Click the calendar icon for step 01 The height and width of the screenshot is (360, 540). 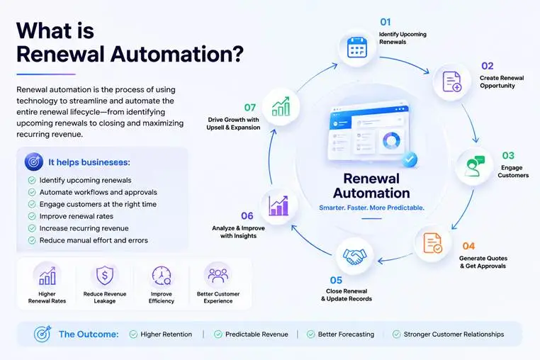(x=357, y=47)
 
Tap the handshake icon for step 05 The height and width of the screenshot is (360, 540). (x=355, y=257)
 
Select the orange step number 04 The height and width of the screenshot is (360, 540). (x=468, y=246)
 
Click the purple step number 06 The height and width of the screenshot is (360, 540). (x=247, y=216)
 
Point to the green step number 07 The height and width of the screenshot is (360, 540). (x=250, y=108)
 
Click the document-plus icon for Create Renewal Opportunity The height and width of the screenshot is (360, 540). (x=452, y=81)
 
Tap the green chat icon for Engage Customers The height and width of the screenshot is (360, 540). (x=475, y=166)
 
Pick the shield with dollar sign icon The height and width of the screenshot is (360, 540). (x=105, y=276)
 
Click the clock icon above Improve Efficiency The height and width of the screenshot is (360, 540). (x=161, y=276)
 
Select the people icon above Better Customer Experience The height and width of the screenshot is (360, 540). (x=218, y=276)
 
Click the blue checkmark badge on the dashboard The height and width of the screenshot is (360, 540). (x=410, y=159)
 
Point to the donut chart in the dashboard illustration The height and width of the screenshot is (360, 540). (x=391, y=140)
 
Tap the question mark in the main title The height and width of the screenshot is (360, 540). (x=237, y=54)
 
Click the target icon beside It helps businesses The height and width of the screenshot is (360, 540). (x=34, y=162)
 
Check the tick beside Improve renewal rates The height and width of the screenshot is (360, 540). (x=32, y=216)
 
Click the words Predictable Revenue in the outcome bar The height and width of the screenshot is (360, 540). (x=257, y=334)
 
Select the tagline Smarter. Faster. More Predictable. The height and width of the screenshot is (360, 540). (x=371, y=208)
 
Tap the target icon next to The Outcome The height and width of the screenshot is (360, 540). (x=43, y=334)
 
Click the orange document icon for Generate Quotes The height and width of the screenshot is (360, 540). (x=432, y=243)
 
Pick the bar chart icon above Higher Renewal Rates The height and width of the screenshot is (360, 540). (x=47, y=276)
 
